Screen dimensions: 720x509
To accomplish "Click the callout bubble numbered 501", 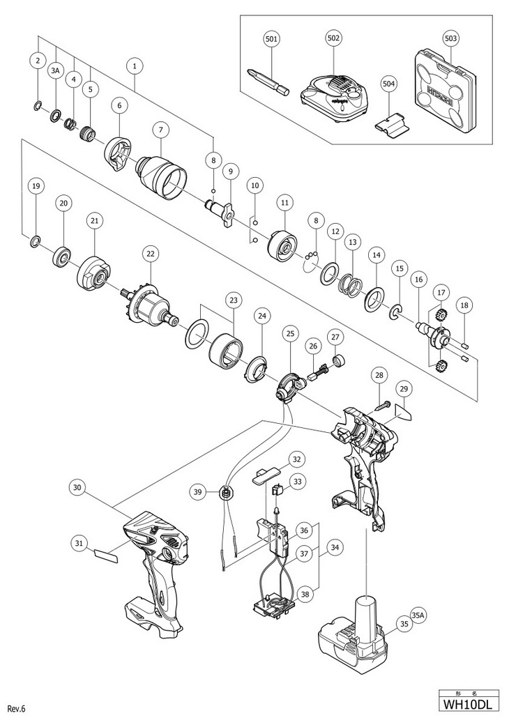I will click(271, 39).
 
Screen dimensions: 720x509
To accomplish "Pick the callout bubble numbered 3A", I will click(56, 71).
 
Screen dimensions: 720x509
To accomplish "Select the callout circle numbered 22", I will click(149, 255).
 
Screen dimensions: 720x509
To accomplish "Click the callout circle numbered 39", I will click(200, 493).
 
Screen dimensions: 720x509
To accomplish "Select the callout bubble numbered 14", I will click(377, 255).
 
